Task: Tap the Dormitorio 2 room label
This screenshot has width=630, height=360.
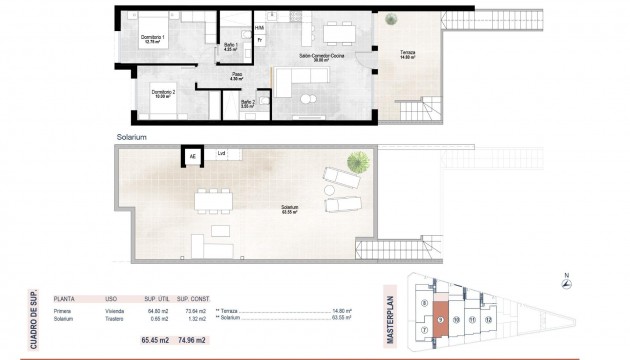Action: point(165,94)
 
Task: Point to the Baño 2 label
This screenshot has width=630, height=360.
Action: point(248,102)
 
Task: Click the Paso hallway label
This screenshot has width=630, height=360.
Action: point(238,76)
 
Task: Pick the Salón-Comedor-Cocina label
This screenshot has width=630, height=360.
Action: point(318,58)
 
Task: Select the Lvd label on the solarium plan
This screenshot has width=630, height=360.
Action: point(222,154)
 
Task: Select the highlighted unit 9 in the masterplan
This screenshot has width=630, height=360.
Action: point(441,320)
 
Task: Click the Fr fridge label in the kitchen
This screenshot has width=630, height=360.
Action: point(260,39)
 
